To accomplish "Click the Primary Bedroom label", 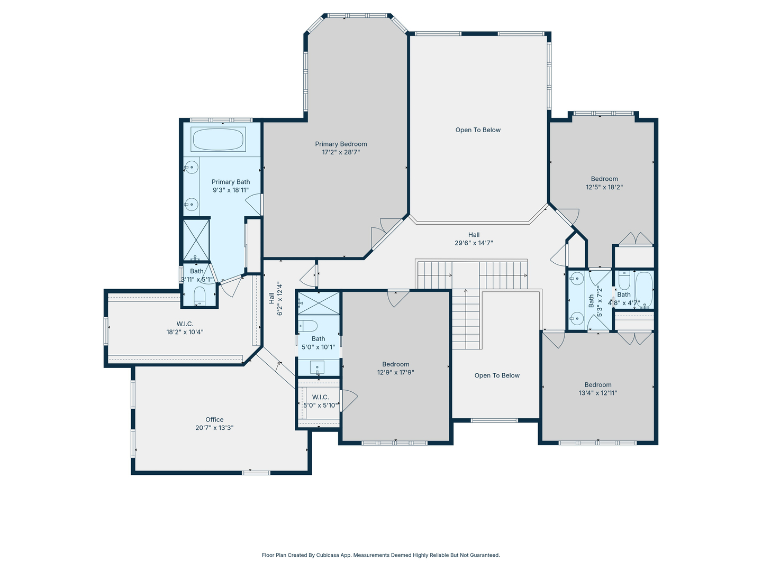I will pos(341,144).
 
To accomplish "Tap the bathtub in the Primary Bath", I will pos(218,140).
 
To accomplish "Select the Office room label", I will pos(214,420).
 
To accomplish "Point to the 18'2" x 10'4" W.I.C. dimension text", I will pos(185,333).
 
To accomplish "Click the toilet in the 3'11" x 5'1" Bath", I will pos(199,295).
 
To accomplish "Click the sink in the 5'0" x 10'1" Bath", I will pos(317,367).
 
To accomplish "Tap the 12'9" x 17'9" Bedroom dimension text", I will pos(395,373).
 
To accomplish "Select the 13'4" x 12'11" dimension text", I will pos(598,393).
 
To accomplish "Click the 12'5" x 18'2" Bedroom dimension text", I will pos(604,187).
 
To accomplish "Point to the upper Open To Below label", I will pos(478,130).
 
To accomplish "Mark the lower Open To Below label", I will pos(497,376).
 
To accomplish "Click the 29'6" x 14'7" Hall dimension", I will pos(474,243).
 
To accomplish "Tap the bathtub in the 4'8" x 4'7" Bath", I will pos(643,289).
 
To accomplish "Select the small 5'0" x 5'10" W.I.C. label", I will pos(320,397).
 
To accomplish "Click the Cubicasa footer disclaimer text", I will pos(380,555).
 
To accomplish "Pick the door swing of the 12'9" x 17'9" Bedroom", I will pos(397,298).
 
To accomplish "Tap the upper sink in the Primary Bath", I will pos(192,168).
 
